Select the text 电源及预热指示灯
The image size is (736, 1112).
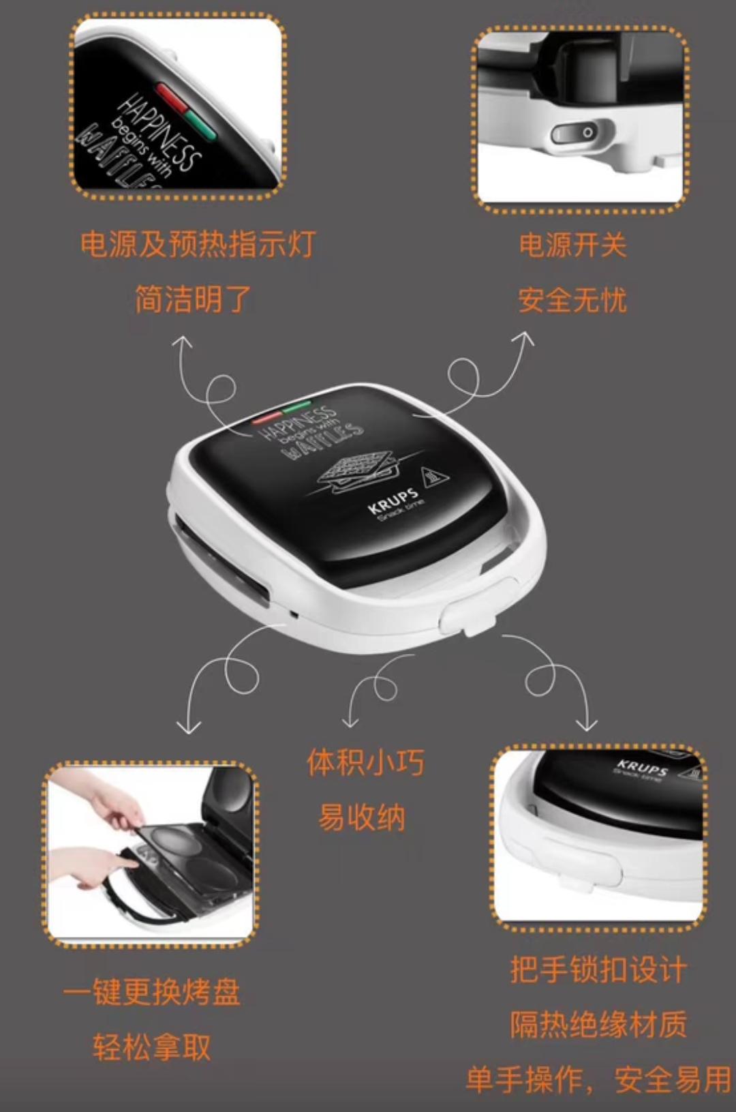tap(198, 243)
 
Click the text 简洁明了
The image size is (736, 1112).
tap(194, 299)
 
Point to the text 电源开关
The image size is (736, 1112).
tap(572, 245)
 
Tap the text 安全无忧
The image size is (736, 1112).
tap(572, 299)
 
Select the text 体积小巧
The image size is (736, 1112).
tap(366, 762)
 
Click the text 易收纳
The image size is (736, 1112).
tap(362, 817)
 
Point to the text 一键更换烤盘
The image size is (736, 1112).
tap(152, 991)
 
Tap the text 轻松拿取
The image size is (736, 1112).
tap(152, 1047)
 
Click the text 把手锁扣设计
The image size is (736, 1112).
tap(598, 969)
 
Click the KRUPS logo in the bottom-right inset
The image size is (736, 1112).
tap(641, 768)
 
